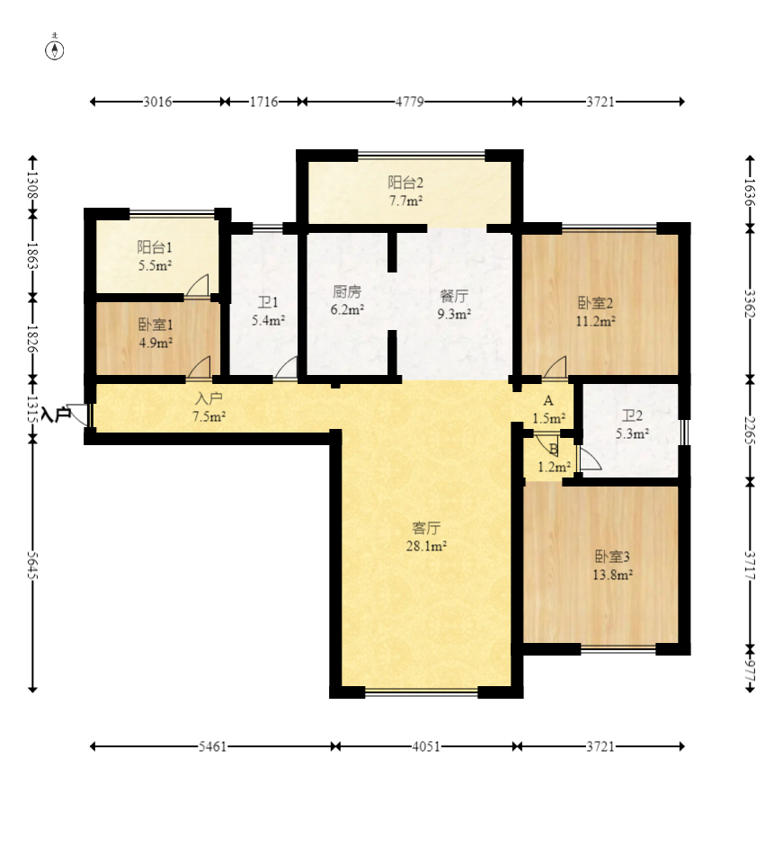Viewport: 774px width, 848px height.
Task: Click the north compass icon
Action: pos(54,49)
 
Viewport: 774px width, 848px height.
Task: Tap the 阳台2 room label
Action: pos(405,183)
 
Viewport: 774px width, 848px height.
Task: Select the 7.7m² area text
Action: pos(406,201)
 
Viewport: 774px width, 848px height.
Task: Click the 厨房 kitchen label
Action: pos(346,292)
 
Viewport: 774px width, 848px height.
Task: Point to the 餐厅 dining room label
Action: pos(454,296)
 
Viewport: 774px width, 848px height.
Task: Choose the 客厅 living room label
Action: pos(426,528)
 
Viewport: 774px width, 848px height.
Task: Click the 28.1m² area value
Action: pos(426,546)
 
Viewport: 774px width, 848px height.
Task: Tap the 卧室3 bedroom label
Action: pos(612,557)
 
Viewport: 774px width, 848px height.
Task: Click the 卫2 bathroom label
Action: pos(632,415)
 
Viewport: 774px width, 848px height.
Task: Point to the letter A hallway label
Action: pos(548,401)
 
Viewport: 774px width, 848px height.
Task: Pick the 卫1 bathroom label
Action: pos(268,302)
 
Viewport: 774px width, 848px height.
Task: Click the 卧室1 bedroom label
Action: pos(156,325)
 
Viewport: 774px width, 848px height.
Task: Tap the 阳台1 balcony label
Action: pos(155,247)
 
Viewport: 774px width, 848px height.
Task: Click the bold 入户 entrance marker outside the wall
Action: pos(56,415)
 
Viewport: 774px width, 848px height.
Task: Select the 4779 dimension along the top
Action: pos(410,102)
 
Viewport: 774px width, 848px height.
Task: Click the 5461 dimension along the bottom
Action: pos(212,746)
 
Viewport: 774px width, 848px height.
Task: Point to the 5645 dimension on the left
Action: pos(33,565)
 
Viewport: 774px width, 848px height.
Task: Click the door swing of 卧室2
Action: pos(555,366)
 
